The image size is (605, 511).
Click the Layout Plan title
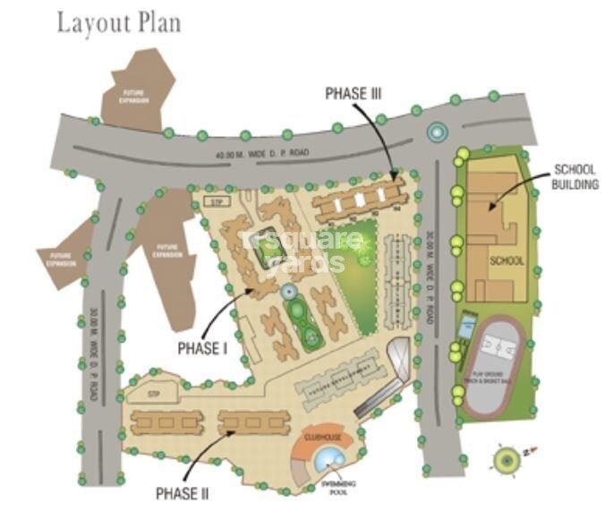[119, 22]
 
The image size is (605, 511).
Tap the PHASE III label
[354, 92]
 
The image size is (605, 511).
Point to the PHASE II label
[183, 492]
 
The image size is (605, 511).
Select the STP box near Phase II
[140, 392]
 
